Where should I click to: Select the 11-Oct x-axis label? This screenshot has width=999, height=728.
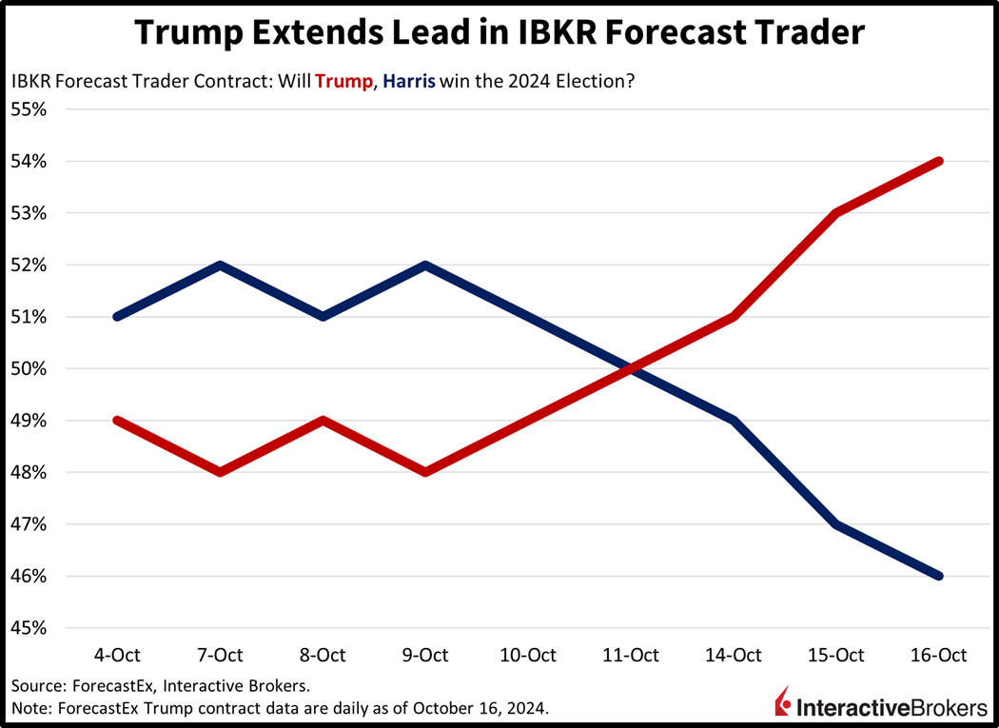[632, 655]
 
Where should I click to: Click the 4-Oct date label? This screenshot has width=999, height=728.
[117, 655]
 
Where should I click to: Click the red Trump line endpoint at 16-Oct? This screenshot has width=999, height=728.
[940, 161]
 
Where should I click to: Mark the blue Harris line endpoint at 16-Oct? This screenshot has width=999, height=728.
[940, 576]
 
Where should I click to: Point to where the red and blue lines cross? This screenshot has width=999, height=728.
[632, 368]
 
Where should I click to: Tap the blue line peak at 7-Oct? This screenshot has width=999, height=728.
[220, 265]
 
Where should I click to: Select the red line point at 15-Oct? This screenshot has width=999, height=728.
[837, 212]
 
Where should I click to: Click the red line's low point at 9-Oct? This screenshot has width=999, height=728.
[425, 472]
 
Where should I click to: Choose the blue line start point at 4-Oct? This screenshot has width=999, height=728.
[117, 316]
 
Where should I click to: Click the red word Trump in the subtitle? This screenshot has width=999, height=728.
[344, 82]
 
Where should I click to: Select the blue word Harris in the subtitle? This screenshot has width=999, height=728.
[409, 82]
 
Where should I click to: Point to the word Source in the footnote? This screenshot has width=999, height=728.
[34, 685]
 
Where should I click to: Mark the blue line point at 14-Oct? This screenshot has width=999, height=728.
[735, 420]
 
